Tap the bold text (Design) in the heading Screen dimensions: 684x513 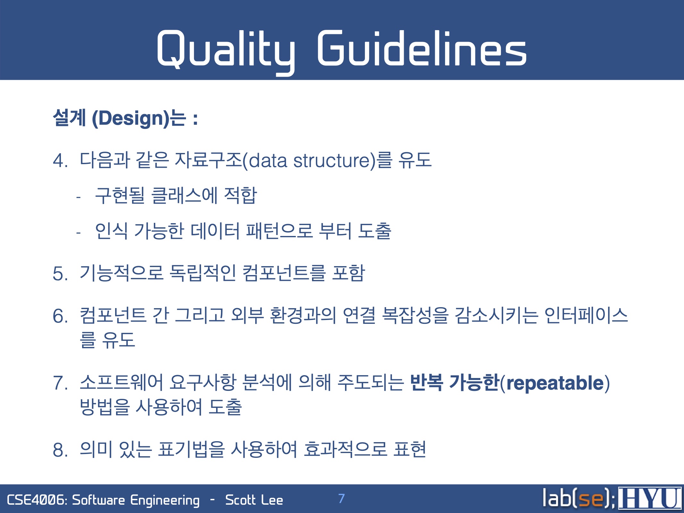(131, 118)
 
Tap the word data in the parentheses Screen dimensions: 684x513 (267, 160)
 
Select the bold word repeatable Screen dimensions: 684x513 (555, 383)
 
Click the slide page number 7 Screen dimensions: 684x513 (341, 499)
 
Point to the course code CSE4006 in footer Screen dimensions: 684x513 (36, 500)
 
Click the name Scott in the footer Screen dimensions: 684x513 (240, 500)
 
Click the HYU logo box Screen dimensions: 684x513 (650, 498)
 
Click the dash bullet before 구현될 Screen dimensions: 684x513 (78, 197)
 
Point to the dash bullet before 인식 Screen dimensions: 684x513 (78, 232)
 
